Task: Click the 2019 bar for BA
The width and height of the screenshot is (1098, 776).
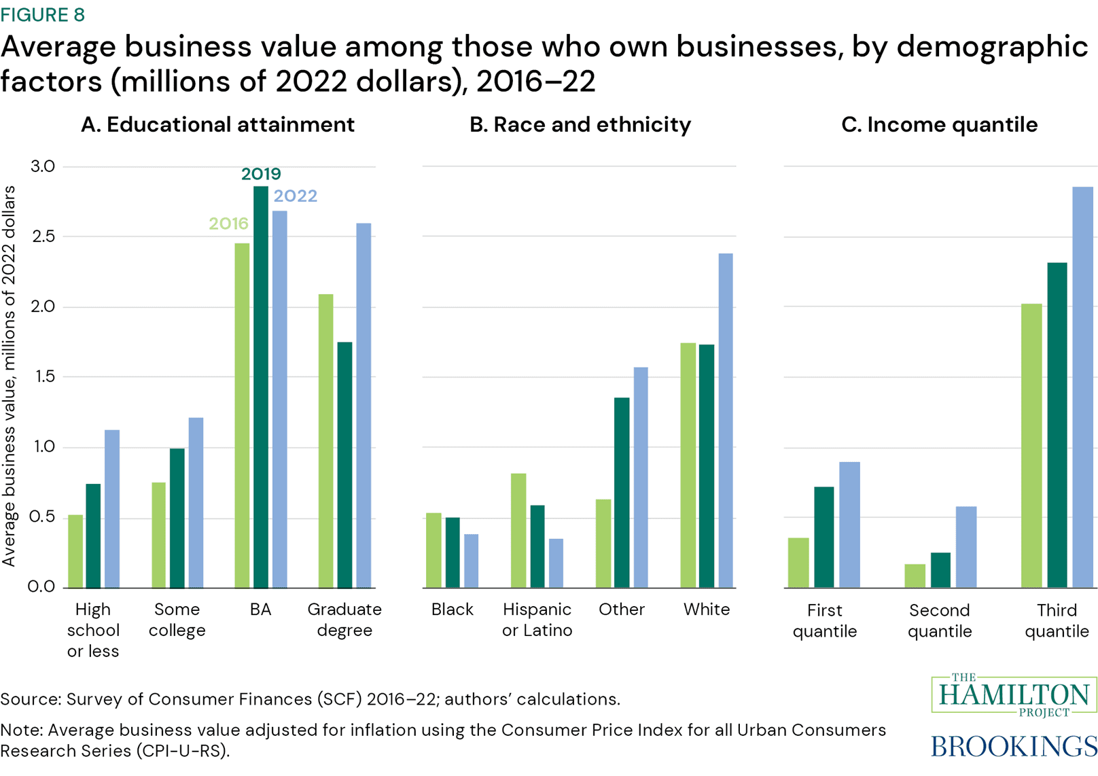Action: pyautogui.click(x=261, y=387)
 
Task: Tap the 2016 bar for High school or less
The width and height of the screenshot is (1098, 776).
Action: pyautogui.click(x=75, y=551)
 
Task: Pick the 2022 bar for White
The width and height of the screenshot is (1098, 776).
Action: pyautogui.click(x=726, y=421)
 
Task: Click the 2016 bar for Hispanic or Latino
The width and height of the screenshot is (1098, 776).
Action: pyautogui.click(x=518, y=531)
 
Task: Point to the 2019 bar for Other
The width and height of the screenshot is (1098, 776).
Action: pyautogui.click(x=622, y=493)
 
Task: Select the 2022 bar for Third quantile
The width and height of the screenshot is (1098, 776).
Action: pyautogui.click(x=1082, y=387)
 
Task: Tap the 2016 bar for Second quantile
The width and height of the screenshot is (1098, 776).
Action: pyautogui.click(x=915, y=576)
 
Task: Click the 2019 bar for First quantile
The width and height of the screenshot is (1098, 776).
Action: pyautogui.click(x=824, y=537)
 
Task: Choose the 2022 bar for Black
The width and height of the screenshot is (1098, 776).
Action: pyautogui.click(x=471, y=561)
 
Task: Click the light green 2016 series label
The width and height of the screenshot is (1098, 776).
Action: pyautogui.click(x=228, y=224)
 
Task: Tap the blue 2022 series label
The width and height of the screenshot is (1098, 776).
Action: pyautogui.click(x=295, y=196)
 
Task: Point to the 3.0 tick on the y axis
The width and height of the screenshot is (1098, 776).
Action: pyautogui.click(x=42, y=166)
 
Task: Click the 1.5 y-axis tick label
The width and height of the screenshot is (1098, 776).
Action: pyautogui.click(x=42, y=377)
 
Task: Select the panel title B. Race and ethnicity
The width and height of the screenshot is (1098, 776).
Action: pyautogui.click(x=580, y=124)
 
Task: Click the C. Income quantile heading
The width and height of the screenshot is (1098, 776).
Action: pyautogui.click(x=939, y=124)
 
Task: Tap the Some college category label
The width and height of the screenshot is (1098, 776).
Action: pyautogui.click(x=177, y=619)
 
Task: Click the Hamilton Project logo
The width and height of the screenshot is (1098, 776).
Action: pyautogui.click(x=1014, y=694)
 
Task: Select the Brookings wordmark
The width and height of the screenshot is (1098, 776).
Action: pyautogui.click(x=1014, y=746)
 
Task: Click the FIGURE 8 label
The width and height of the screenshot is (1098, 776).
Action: pyautogui.click(x=43, y=14)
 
